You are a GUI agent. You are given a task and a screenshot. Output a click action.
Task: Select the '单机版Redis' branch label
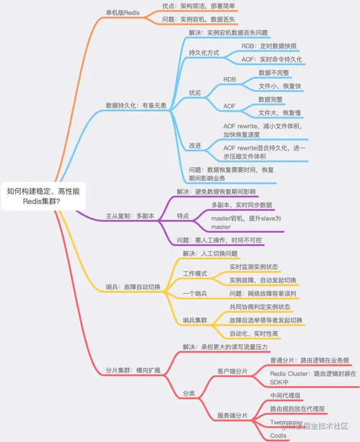click(x=123, y=12)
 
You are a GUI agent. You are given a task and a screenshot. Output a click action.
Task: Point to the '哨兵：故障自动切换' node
click(x=133, y=287)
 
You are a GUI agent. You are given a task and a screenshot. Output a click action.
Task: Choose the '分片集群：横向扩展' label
click(x=133, y=371)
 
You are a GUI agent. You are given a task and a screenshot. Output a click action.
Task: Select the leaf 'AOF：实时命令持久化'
click(x=272, y=58)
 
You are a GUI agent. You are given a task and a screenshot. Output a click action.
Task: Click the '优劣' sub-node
click(x=195, y=92)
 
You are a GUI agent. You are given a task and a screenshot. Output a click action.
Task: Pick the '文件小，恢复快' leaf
click(x=280, y=85)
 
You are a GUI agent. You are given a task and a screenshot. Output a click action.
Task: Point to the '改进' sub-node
click(x=195, y=146)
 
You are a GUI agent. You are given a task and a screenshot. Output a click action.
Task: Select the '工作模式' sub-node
click(x=195, y=273)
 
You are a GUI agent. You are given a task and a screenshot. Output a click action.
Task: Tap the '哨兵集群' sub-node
click(x=195, y=320)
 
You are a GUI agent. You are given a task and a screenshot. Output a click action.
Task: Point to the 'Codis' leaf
click(x=278, y=435)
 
